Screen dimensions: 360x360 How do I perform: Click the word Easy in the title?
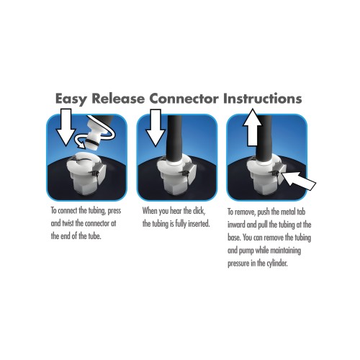pos(71,99)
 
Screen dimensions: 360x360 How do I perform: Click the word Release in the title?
pos(118,99)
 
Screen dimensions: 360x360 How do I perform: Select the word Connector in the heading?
pos(184,99)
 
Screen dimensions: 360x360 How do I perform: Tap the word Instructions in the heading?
pos(262,99)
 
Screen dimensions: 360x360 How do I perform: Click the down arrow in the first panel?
pos(66,127)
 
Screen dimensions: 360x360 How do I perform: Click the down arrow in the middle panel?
pos(156,127)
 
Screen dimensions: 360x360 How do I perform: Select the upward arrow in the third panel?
pos(252,127)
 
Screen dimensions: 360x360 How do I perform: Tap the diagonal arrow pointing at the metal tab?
pos(298,181)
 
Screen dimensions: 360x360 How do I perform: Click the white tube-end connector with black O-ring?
pos(96,135)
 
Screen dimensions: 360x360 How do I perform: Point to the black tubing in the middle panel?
pos(174,139)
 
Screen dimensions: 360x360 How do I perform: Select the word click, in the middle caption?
pos(199,211)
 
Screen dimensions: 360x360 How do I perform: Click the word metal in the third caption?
pos(288,212)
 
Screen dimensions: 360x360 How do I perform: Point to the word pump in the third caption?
pos(246,251)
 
